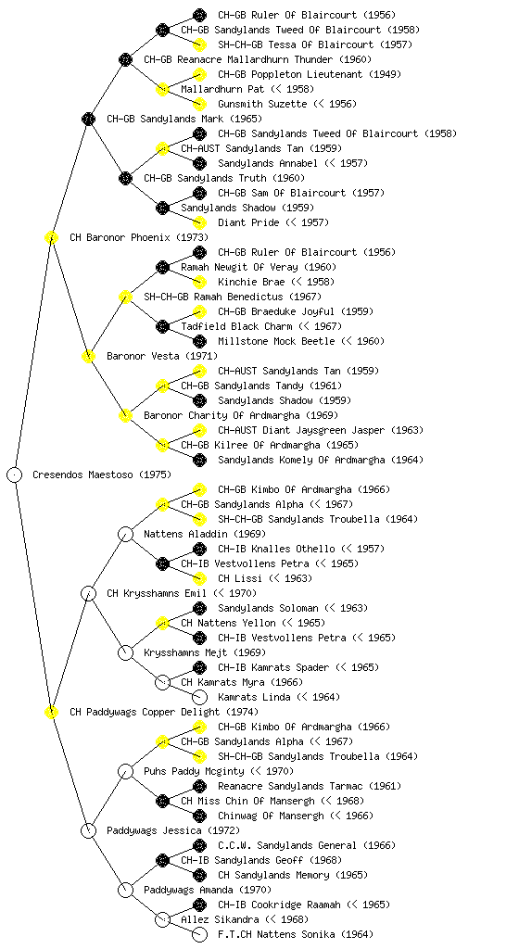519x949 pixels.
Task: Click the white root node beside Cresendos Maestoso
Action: pos(15,474)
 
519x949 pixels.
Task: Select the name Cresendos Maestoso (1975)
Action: pos(102,474)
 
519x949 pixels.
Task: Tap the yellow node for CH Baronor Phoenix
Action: pos(51,237)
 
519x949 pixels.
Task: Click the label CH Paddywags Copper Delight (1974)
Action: pos(164,712)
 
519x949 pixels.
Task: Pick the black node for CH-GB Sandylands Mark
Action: pos(88,119)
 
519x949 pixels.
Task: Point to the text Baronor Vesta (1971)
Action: pos(162,356)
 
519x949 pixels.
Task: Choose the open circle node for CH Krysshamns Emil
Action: pos(88,593)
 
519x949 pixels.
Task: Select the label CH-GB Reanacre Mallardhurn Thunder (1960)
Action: pos(258,59)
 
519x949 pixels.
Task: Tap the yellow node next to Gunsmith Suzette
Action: pos(199,104)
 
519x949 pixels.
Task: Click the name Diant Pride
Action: pos(248,222)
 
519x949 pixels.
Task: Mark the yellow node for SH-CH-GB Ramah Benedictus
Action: pos(125,297)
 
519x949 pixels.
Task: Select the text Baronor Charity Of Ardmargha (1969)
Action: pos(241,415)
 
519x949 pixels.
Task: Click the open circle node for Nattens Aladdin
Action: pos(125,534)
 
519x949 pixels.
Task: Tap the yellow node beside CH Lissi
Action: pos(199,578)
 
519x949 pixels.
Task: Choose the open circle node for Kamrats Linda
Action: pos(199,697)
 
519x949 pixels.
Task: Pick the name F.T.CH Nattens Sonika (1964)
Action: pos(296,934)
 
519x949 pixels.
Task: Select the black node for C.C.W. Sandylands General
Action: pos(199,845)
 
